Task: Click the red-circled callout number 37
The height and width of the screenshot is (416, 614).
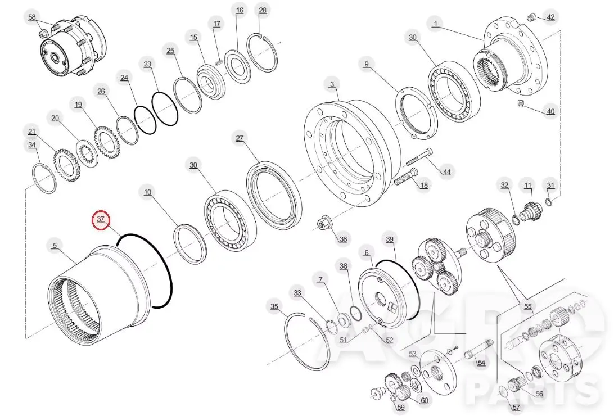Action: click(x=101, y=219)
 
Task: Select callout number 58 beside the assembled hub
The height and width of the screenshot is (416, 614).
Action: click(x=32, y=17)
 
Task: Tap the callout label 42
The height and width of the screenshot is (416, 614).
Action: click(x=550, y=17)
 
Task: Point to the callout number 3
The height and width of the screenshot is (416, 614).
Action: click(x=332, y=84)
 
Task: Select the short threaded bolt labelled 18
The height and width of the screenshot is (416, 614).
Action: click(x=406, y=177)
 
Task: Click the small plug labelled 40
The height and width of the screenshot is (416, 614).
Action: click(x=521, y=103)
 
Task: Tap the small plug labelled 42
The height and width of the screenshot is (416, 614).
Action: click(x=531, y=17)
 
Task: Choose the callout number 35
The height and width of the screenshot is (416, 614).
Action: click(x=274, y=306)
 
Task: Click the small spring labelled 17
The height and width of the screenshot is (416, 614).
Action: click(x=220, y=61)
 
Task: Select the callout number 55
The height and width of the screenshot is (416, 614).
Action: click(x=528, y=306)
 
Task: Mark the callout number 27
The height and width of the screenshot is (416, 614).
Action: click(x=240, y=138)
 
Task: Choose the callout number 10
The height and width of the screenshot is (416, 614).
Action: click(x=147, y=192)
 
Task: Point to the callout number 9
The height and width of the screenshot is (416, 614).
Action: click(x=366, y=64)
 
